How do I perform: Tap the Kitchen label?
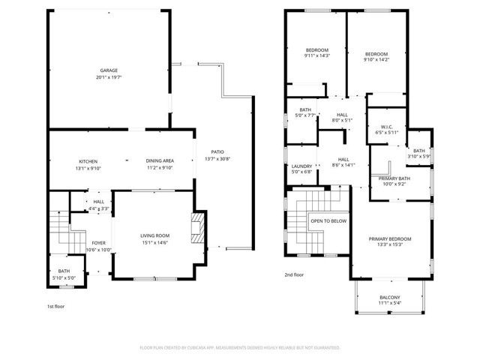click(x=88, y=161)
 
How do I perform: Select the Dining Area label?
click(x=159, y=161)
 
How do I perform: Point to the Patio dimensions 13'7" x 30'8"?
click(x=218, y=158)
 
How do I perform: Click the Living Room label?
click(x=155, y=236)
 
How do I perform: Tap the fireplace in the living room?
click(x=197, y=227)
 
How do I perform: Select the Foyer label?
click(x=98, y=243)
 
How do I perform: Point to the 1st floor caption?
click(x=55, y=307)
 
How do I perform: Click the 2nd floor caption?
click(x=294, y=274)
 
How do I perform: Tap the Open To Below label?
click(x=328, y=221)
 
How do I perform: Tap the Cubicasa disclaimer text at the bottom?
click(x=240, y=348)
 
